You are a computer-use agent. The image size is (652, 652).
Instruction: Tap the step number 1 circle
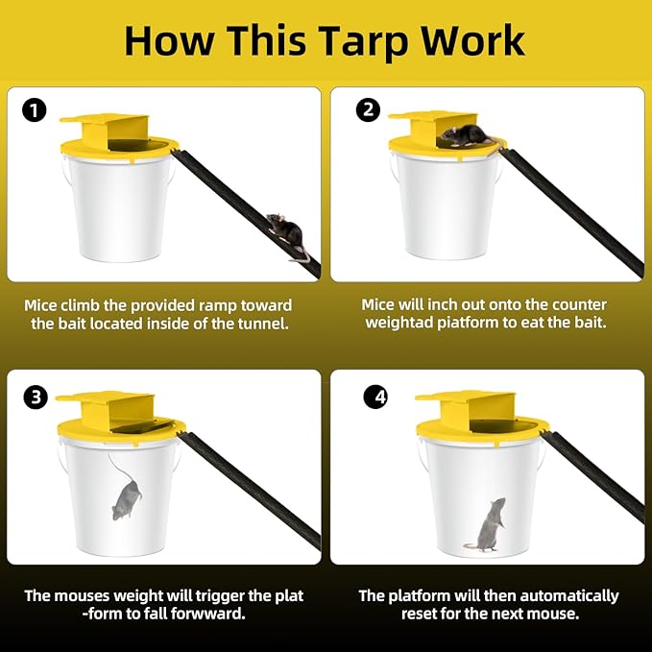tap(35, 111)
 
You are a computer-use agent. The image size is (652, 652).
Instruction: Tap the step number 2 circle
tap(367, 111)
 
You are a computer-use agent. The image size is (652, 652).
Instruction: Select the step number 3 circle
tap(35, 396)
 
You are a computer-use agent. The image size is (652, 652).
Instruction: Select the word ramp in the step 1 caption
tap(219, 304)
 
